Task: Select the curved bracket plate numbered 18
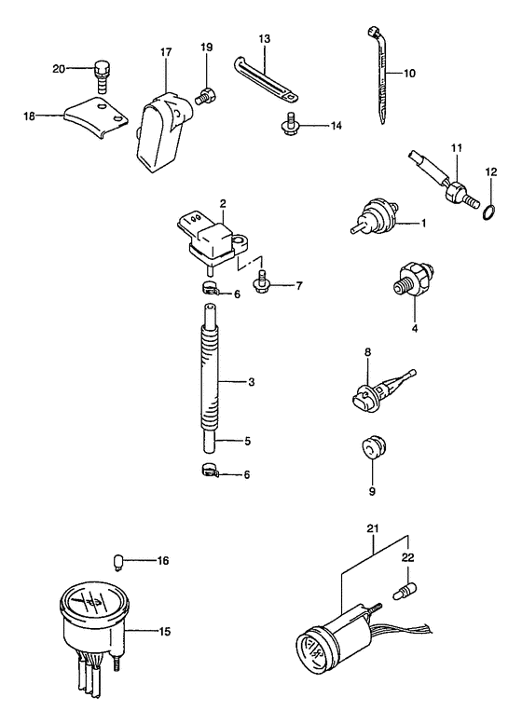coord(96,117)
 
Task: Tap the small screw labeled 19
coord(207,96)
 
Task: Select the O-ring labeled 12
coord(488,212)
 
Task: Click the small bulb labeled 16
coord(117,563)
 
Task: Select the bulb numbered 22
coord(402,592)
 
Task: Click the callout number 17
coord(166,52)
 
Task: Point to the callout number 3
coord(252,382)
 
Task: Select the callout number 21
coord(373,528)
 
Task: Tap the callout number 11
coord(456,148)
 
